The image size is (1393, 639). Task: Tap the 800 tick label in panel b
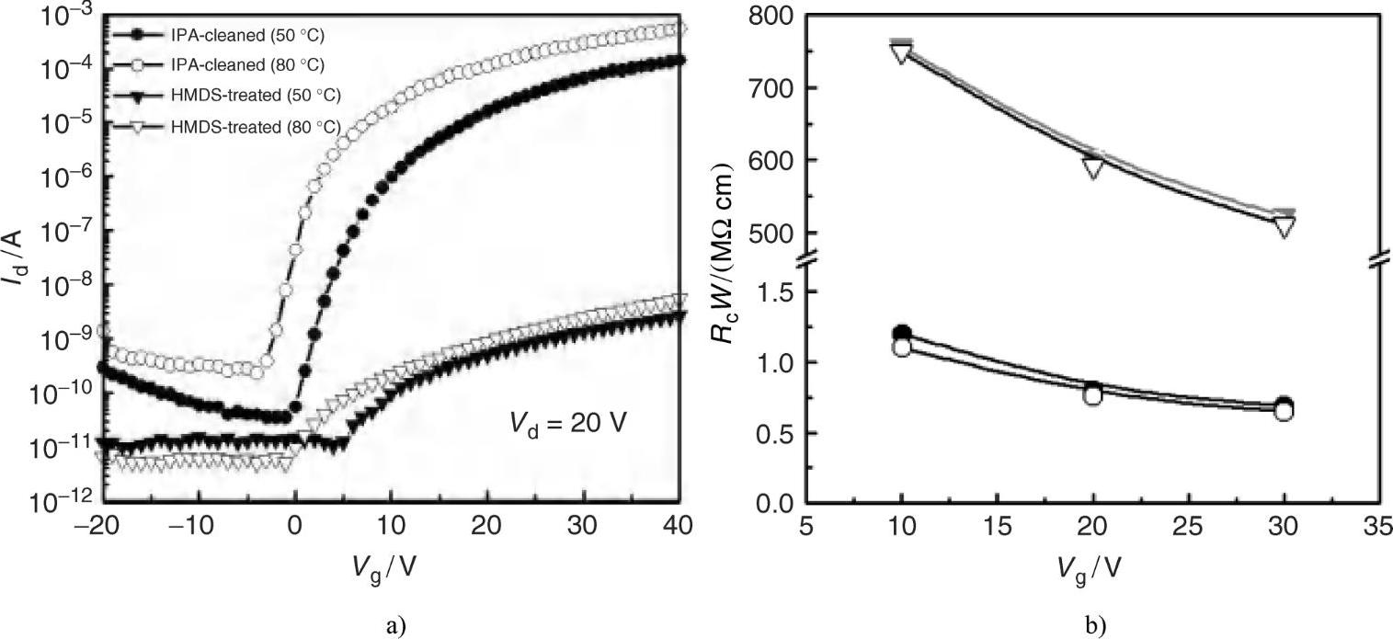(771, 17)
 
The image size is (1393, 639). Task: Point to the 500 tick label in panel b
(771, 233)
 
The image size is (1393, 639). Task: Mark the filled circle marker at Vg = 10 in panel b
(902, 334)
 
